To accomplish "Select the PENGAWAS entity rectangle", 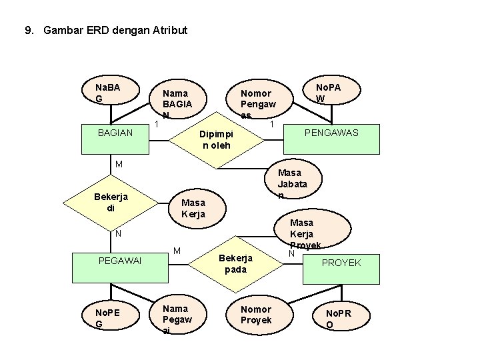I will pos(331,133).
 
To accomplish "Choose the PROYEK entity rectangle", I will pos(341,263).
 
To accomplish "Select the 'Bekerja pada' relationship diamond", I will pos(235,263).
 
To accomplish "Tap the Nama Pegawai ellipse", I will pos(177,317).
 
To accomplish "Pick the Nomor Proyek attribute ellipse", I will pos(257,315).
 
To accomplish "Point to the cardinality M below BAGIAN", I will pos(118,164).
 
